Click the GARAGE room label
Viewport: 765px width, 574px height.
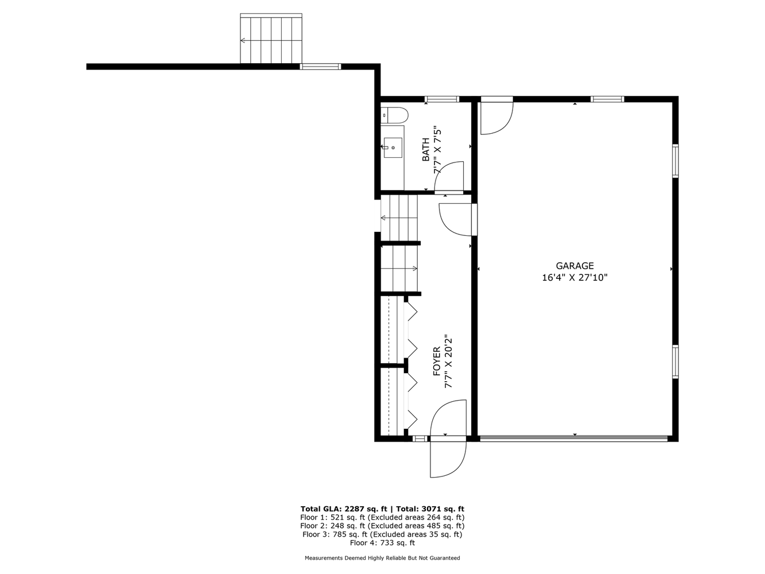coord(574,266)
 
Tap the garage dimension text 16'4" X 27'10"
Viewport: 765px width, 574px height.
coord(574,278)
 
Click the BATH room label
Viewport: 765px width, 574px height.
coord(426,149)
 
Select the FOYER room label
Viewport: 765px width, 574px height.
coord(436,362)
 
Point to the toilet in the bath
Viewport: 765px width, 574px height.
coord(394,115)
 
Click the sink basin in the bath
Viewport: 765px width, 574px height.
coord(393,148)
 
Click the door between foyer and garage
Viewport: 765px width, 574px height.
coord(457,220)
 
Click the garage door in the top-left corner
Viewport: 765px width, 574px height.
coord(496,116)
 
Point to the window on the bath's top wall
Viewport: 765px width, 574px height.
coord(441,99)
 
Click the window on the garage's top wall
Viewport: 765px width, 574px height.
coord(607,99)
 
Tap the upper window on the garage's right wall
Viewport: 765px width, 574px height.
coord(675,161)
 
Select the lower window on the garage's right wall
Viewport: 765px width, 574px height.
coord(675,362)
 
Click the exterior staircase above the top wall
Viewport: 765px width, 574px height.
coord(271,38)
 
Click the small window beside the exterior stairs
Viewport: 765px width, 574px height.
coord(320,67)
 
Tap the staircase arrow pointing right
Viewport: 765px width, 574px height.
coord(399,269)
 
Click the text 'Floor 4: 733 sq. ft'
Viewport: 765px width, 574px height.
coord(382,542)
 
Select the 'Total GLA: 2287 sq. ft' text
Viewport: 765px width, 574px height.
coord(344,509)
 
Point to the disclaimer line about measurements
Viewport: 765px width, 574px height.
coord(382,558)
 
